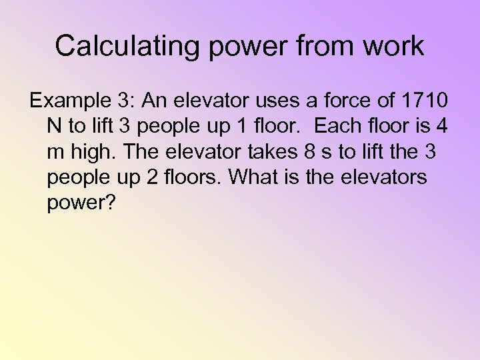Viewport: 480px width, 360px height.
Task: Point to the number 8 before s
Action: [309, 152]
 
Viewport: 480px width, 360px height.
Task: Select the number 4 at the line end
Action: [443, 127]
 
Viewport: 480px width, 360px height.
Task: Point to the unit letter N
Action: [54, 127]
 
